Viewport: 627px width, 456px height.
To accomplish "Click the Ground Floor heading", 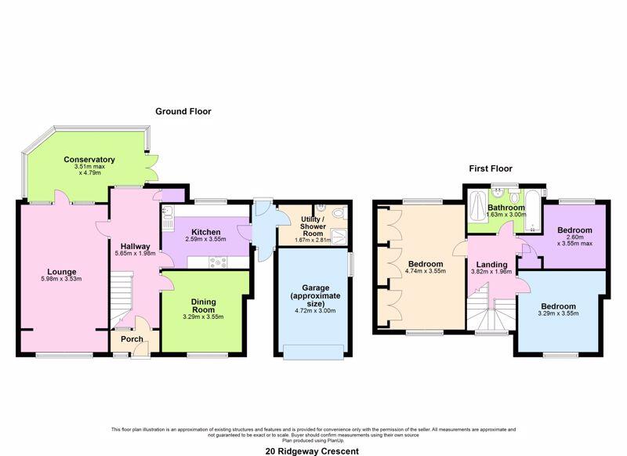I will (183, 111).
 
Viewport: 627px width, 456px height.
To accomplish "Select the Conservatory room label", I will (89, 160).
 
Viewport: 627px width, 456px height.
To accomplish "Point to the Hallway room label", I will (134, 246).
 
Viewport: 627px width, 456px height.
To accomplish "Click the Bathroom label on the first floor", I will (506, 207).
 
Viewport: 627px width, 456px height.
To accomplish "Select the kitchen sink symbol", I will (168, 214).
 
